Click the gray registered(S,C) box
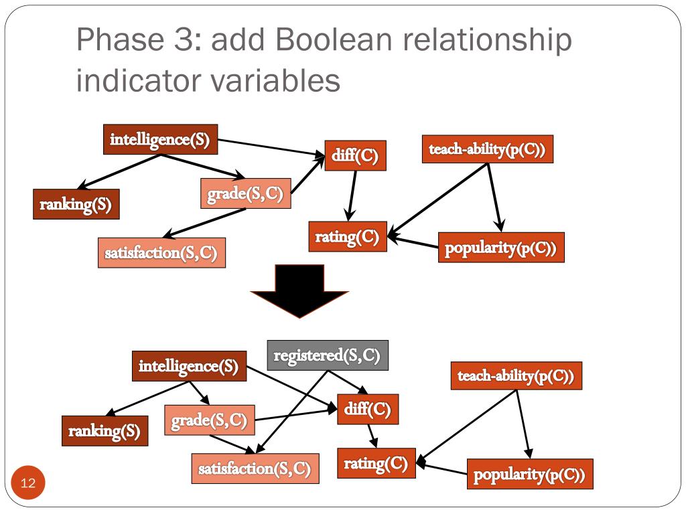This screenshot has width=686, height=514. coord(328,355)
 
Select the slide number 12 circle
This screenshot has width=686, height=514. coord(28,483)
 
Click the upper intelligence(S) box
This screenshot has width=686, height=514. coord(160,140)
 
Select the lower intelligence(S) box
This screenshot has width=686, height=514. coord(188,366)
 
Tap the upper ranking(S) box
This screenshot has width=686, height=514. coord(76,204)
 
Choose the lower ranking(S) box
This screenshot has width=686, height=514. coord(105,431)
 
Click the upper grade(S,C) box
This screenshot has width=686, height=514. coord(246,194)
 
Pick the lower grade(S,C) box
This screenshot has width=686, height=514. coord(210,421)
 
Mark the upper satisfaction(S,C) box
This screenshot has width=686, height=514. coord(161,253)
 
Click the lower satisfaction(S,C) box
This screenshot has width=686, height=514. coord(255,468)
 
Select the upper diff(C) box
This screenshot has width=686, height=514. coord(355,156)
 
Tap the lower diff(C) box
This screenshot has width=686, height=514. coord(368,409)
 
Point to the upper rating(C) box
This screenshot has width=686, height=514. coord(348,236)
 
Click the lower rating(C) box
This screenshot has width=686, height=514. coord(376,463)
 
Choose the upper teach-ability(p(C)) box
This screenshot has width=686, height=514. coord(488,149)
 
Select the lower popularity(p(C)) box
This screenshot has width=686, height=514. coord(529,475)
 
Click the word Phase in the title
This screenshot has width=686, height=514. coord(120,41)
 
